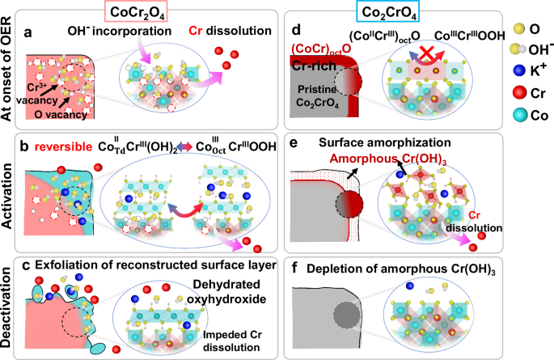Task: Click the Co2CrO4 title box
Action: point(387,12)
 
